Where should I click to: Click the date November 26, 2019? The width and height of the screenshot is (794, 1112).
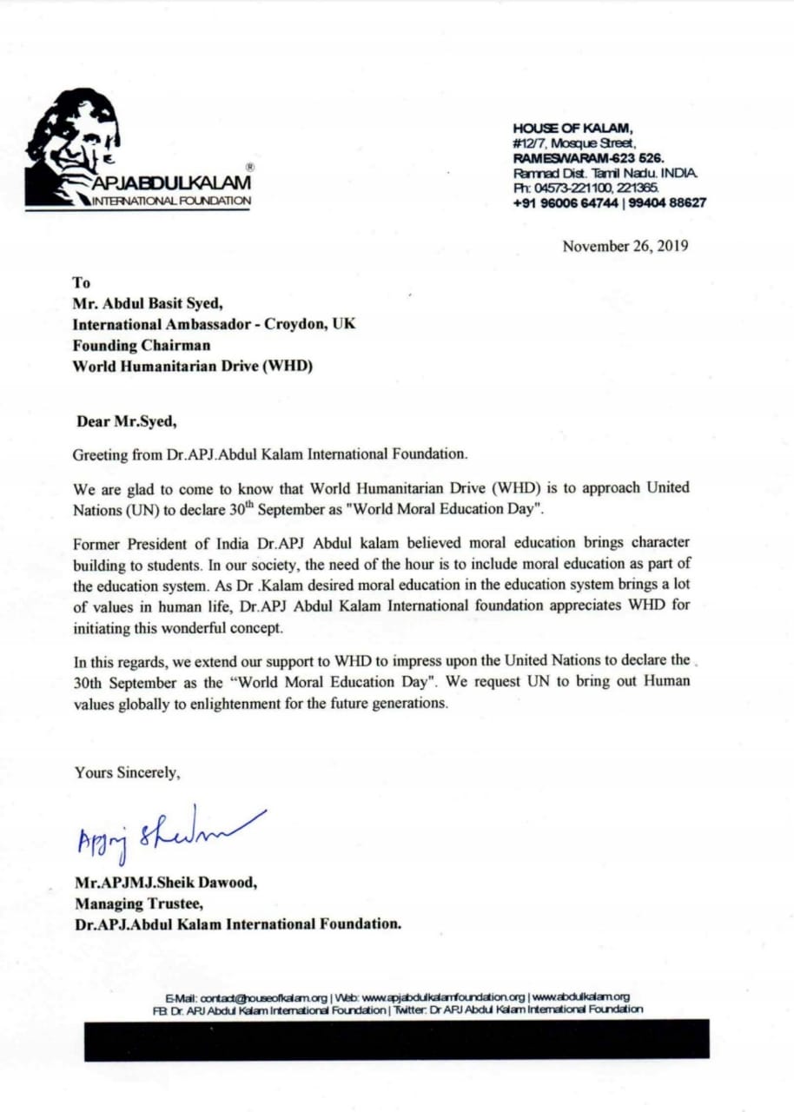[625, 246]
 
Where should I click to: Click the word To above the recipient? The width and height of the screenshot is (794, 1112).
[80, 281]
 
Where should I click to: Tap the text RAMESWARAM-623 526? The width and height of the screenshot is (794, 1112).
[587, 159]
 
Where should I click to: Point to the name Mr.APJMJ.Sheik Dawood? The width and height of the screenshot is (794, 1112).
[166, 883]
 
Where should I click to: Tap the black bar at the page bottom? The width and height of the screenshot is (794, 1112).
[396, 1039]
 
